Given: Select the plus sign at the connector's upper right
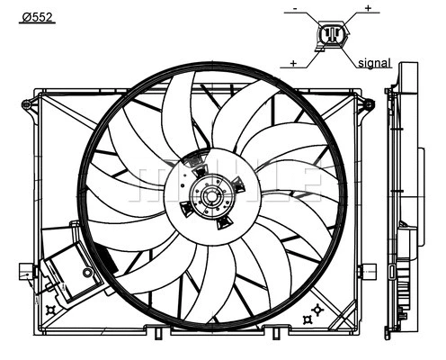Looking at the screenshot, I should pos(367,8).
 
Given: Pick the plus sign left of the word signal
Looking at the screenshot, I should pos(294,63).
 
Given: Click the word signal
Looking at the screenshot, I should pos(374,64).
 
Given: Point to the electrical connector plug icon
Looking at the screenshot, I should pos(331,37).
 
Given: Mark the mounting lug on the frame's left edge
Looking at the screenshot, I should pos(31,269).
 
